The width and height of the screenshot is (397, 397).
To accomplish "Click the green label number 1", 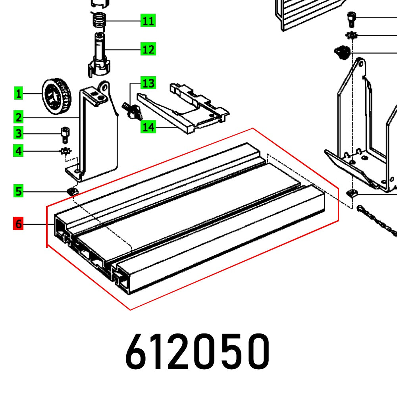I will pos(18,94).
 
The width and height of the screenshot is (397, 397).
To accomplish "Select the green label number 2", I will pos(18,117).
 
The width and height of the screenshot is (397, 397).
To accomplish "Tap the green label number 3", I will pos(18,134).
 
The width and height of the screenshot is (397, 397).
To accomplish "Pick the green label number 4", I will pos(18,151).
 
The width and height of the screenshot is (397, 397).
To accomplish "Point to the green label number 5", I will pos(18,191).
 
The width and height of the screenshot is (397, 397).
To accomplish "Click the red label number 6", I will pos(18,224).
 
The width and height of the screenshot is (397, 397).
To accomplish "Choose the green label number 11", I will pos(148,20).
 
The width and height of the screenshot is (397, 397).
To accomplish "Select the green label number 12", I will pos(148,50).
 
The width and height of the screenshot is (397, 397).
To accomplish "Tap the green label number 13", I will pos(148,83).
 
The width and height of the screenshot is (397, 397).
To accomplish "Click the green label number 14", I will pos(148,127).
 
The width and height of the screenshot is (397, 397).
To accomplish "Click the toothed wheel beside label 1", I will pos(56,96).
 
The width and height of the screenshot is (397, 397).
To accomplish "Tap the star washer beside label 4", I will pos(65,151).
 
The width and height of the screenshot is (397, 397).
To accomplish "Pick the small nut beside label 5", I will pos(72,192).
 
